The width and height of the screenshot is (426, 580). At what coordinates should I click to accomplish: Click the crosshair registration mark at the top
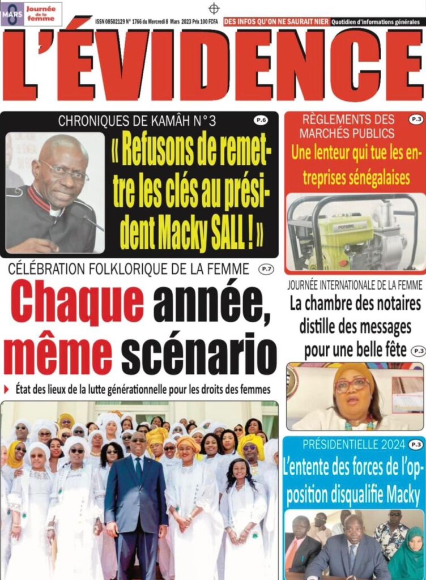pyautogui.click(x=214, y=8)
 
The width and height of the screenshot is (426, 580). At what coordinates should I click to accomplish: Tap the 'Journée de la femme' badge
pyautogui.click(x=42, y=13)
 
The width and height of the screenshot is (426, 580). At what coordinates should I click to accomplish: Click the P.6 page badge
pyautogui.click(x=261, y=120)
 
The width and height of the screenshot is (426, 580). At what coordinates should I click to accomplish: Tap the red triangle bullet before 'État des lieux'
pyautogui.click(x=7, y=389)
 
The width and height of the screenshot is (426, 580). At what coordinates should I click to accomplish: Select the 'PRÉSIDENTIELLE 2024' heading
pyautogui.click(x=347, y=445)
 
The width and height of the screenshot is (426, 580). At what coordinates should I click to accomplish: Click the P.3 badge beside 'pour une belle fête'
pyautogui.click(x=418, y=351)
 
